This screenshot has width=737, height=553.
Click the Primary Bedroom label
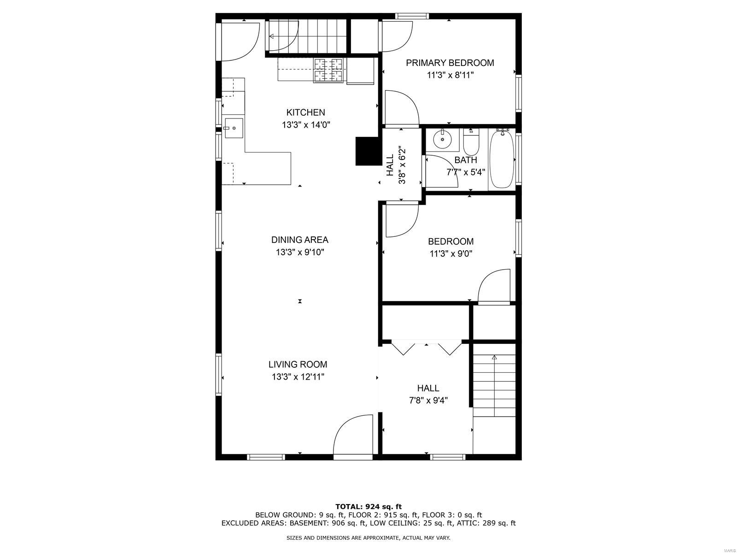(x=450, y=63)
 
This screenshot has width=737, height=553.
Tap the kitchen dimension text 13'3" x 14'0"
(x=306, y=125)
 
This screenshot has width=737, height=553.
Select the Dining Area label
(x=299, y=240)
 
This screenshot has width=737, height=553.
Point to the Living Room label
(x=298, y=365)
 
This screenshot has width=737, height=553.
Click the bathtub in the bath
(x=501, y=159)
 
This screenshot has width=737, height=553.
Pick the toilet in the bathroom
(x=471, y=143)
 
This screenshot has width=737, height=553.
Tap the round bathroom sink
(x=443, y=139)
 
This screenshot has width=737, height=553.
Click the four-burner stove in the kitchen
(x=328, y=70)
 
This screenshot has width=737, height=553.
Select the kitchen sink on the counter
(x=234, y=128)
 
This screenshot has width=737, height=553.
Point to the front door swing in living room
(x=353, y=435)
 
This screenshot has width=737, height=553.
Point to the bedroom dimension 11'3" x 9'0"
(x=451, y=254)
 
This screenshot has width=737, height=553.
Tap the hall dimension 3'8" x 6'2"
(x=402, y=165)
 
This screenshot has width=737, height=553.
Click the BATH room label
(x=465, y=160)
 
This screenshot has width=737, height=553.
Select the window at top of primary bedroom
(x=412, y=16)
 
